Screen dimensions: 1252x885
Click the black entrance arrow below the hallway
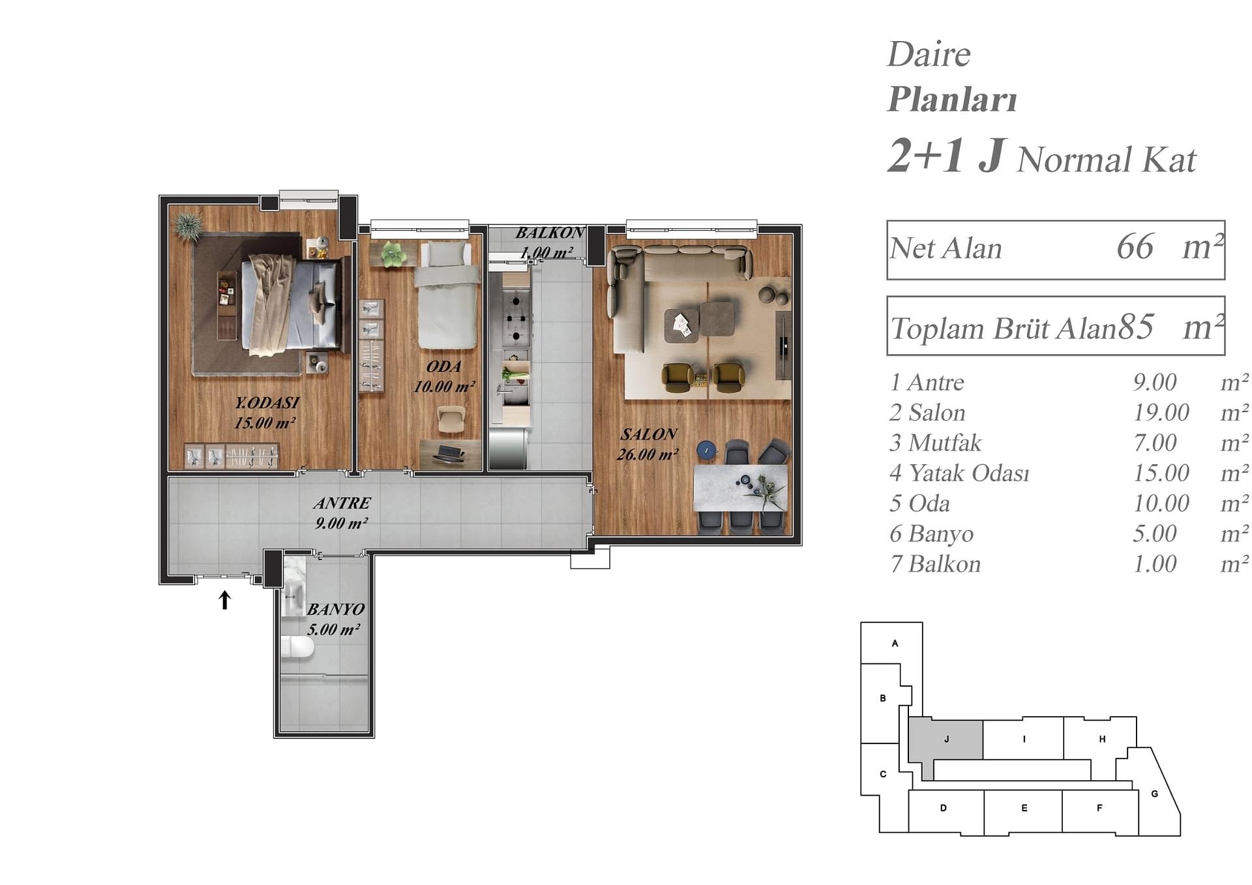(x=225, y=600)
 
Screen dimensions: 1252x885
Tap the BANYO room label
(x=335, y=609)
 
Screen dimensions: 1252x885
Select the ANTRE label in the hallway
(x=342, y=503)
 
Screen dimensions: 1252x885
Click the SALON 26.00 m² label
(x=648, y=444)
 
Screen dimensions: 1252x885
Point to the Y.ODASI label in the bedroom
(x=267, y=402)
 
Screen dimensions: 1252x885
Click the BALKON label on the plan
(x=549, y=233)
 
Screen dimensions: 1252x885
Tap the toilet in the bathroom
(x=298, y=648)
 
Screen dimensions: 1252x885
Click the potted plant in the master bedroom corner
(x=188, y=226)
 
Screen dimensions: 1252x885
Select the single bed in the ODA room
(x=448, y=295)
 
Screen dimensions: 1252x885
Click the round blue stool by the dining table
(x=706, y=449)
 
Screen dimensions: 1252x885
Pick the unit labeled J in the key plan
(x=946, y=739)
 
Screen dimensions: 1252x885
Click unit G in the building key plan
(x=1155, y=794)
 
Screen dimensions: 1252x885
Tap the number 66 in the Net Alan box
(x=1135, y=247)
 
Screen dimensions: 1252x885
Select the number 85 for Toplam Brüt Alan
(x=1136, y=327)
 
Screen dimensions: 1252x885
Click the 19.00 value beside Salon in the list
(x=1161, y=412)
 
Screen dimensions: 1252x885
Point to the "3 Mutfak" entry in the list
(x=935, y=443)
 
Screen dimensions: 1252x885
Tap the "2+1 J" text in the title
(x=945, y=156)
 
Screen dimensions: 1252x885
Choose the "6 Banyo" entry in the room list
(x=931, y=533)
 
